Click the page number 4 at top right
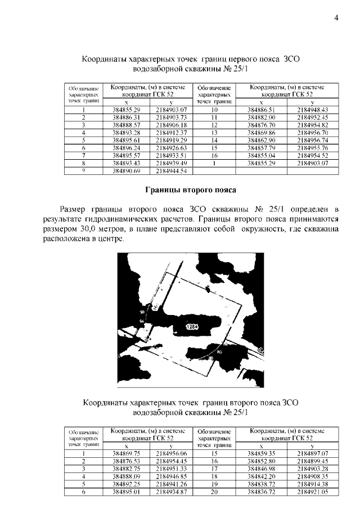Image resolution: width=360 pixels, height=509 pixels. (336, 17)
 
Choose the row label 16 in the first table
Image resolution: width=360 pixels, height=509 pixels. (214, 155)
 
